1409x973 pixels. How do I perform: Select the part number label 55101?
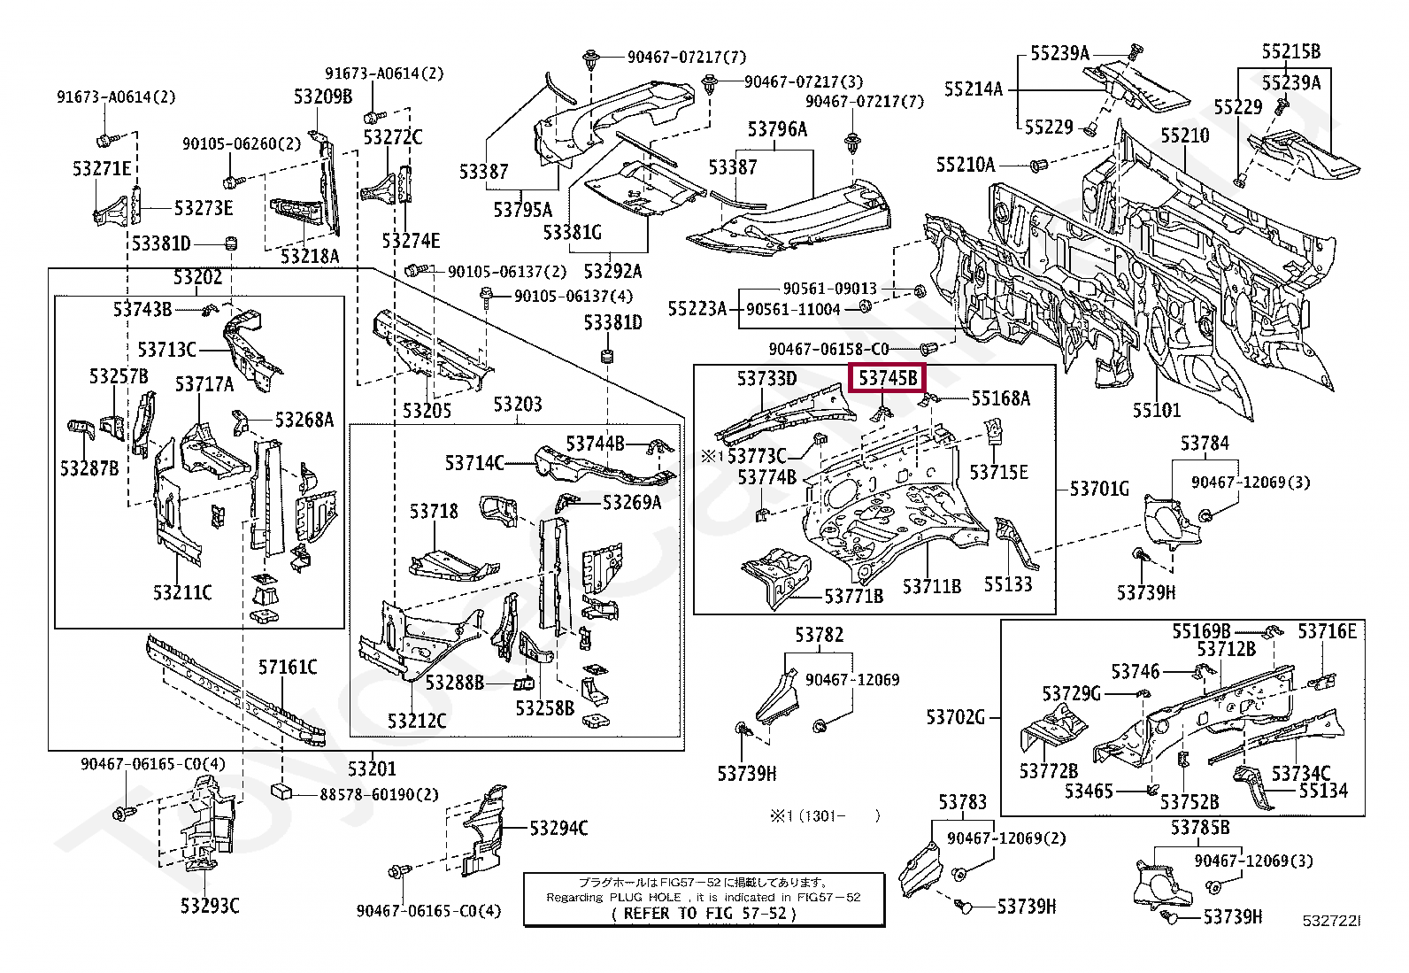click(1157, 410)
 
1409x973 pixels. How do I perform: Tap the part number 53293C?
click(210, 906)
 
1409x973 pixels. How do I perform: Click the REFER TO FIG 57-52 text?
click(704, 914)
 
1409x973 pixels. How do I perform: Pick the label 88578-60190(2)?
click(379, 794)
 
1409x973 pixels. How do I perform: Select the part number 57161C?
click(288, 667)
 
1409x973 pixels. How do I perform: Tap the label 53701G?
click(1099, 488)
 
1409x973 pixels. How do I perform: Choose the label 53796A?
click(777, 129)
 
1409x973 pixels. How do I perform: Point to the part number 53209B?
click(323, 97)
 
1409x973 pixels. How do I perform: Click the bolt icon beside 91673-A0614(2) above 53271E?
click(104, 139)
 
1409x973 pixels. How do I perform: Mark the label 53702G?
click(956, 716)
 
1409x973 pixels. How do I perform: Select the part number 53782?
click(819, 634)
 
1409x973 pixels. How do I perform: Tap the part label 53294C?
click(558, 828)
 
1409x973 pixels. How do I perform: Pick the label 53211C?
click(182, 591)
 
